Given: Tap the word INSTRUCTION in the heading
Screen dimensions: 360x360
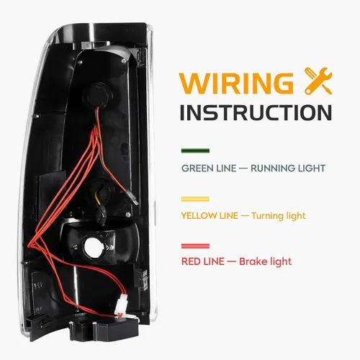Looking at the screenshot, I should pos(255,112).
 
